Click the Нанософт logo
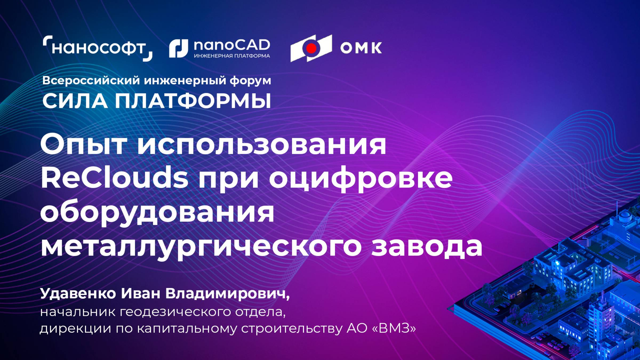98,48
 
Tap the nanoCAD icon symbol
178,48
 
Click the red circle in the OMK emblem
311,48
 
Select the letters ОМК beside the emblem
361,48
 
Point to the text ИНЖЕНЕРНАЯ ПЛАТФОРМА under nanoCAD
232,56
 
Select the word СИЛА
75,101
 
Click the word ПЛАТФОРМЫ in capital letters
193,101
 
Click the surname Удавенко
78,294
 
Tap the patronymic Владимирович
227,294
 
